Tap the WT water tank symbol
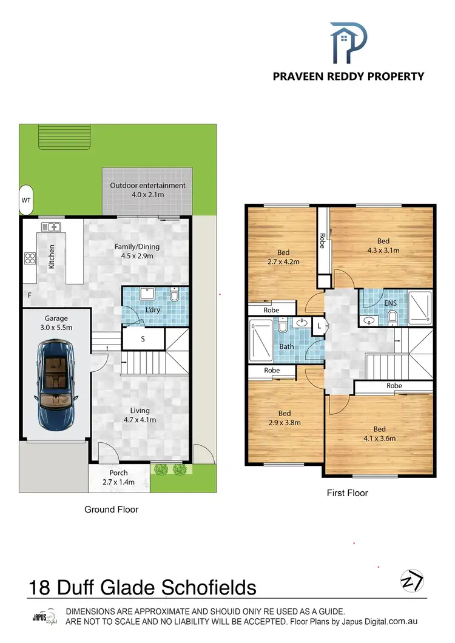pyautogui.click(x=26, y=199)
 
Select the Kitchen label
pyautogui.click(x=52, y=257)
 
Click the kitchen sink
pyautogui.click(x=51, y=227)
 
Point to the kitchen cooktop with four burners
pyautogui.click(x=30, y=258)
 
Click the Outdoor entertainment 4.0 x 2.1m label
pyautogui.click(x=147, y=190)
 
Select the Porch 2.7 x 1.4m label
pyautogui.click(x=118, y=478)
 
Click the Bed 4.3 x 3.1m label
pyautogui.click(x=383, y=245)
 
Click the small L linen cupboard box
pyautogui.click(x=319, y=326)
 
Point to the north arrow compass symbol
pyautogui.click(x=412, y=581)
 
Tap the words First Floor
pyautogui.click(x=348, y=493)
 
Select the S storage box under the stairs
pyautogui.click(x=143, y=339)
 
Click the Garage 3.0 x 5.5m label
pyautogui.click(x=56, y=323)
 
